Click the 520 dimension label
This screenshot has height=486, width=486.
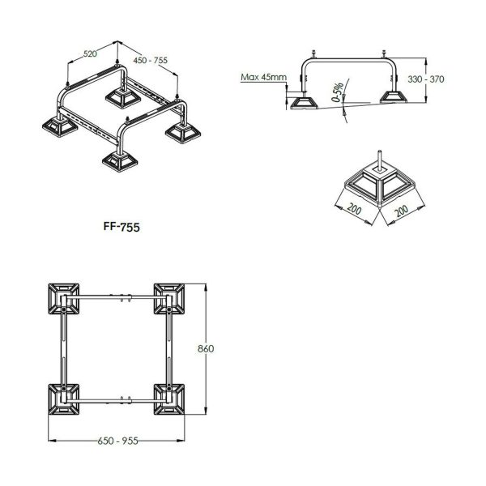[90, 54]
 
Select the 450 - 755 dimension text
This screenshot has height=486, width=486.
[151, 60]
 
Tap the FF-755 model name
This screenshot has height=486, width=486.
[122, 227]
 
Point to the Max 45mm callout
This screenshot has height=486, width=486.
[264, 77]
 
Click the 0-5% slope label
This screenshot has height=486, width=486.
[338, 92]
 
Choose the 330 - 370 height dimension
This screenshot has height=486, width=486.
[426, 79]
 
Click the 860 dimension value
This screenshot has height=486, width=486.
[206, 349]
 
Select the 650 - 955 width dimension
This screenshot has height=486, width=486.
[117, 441]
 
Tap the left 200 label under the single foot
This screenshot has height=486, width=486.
[354, 209]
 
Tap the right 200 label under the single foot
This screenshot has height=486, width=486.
[402, 211]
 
